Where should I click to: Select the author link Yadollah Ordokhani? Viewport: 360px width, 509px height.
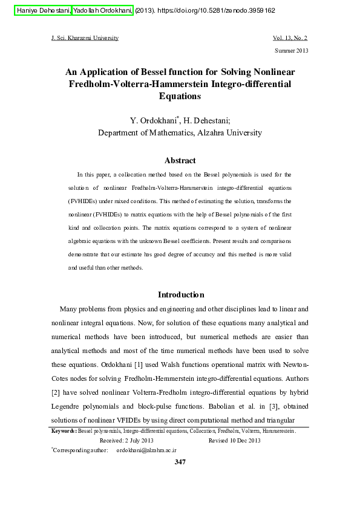[102, 10]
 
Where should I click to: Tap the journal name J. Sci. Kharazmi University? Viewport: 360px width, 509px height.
[85, 38]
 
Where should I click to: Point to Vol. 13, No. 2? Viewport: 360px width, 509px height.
[291, 38]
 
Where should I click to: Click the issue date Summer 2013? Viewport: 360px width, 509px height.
[292, 50]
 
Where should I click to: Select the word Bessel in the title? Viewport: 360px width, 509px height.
[165, 71]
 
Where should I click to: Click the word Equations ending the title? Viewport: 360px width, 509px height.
[180, 96]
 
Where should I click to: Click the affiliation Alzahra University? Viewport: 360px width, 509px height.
[229, 133]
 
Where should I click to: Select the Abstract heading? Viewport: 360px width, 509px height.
[180, 160]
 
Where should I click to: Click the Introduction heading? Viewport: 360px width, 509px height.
[181, 294]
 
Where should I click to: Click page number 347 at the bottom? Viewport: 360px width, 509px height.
[180, 462]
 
